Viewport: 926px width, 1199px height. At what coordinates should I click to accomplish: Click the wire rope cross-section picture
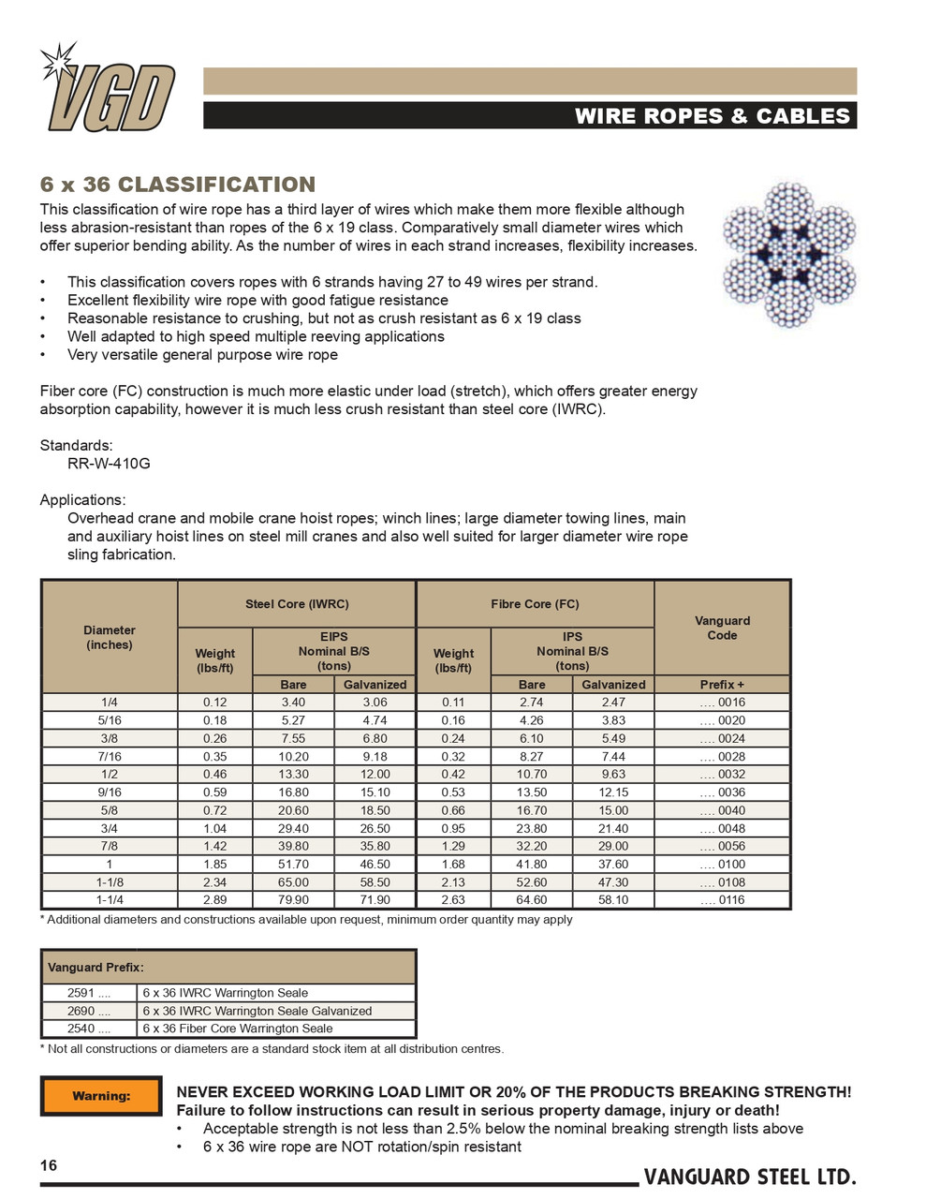pyautogui.click(x=789, y=254)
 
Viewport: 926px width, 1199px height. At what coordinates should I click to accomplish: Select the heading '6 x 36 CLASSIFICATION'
pyautogui.click(x=177, y=185)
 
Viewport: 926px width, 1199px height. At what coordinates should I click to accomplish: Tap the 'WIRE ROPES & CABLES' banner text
pyautogui.click(x=712, y=116)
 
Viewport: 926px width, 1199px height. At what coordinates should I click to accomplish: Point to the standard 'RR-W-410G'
pyautogui.click(x=109, y=464)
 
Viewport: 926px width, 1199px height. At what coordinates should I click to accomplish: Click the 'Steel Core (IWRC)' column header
pyautogui.click(x=297, y=604)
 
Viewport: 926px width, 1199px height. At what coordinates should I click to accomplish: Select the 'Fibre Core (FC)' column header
pyautogui.click(x=535, y=604)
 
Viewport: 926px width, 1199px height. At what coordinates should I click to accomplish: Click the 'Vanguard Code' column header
pyautogui.click(x=722, y=628)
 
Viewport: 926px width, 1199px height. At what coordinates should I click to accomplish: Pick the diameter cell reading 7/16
pyautogui.click(x=110, y=756)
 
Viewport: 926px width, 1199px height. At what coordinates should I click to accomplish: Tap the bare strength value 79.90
pyautogui.click(x=293, y=899)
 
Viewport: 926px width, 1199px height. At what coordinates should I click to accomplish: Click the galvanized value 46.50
pyautogui.click(x=375, y=864)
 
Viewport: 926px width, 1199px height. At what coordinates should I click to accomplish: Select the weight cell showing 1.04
pyautogui.click(x=214, y=828)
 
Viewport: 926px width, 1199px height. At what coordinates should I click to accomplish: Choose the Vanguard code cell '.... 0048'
pyautogui.click(x=722, y=828)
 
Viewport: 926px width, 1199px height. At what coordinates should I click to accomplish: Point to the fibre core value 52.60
pyautogui.click(x=532, y=881)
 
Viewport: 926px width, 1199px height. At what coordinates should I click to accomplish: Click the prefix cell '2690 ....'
pyautogui.click(x=89, y=1011)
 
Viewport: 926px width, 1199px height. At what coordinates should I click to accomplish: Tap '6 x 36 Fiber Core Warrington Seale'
pyautogui.click(x=238, y=1029)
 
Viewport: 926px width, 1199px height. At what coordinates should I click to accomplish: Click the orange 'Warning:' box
pyautogui.click(x=101, y=1096)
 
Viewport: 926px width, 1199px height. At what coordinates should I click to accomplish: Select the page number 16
pyautogui.click(x=49, y=1165)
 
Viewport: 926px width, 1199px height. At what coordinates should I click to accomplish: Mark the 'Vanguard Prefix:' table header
pyautogui.click(x=96, y=967)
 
